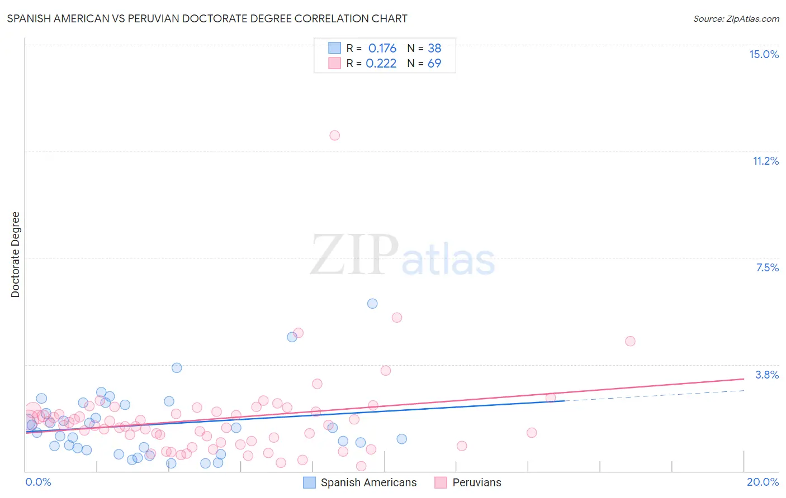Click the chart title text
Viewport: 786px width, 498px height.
click(207, 18)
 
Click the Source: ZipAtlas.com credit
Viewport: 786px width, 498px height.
click(736, 18)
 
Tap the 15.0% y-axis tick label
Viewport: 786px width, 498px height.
click(764, 54)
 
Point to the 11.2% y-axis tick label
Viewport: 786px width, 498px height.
click(765, 161)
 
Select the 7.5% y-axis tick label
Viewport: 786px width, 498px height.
click(767, 267)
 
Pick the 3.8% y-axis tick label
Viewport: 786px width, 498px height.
click(767, 375)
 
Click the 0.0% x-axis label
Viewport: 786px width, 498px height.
click(38, 482)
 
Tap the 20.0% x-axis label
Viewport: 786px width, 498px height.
click(763, 482)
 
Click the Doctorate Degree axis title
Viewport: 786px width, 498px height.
click(15, 255)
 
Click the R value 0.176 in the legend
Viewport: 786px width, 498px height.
click(382, 48)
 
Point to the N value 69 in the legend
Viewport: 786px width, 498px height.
click(434, 63)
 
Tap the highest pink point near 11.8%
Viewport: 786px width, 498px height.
click(334, 135)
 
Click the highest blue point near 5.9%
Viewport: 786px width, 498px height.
click(372, 304)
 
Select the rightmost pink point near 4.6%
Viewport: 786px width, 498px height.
click(630, 341)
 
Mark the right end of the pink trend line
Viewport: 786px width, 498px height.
click(744, 379)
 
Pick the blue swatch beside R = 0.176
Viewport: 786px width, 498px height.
click(334, 48)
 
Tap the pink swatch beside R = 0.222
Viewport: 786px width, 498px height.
click(334, 63)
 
